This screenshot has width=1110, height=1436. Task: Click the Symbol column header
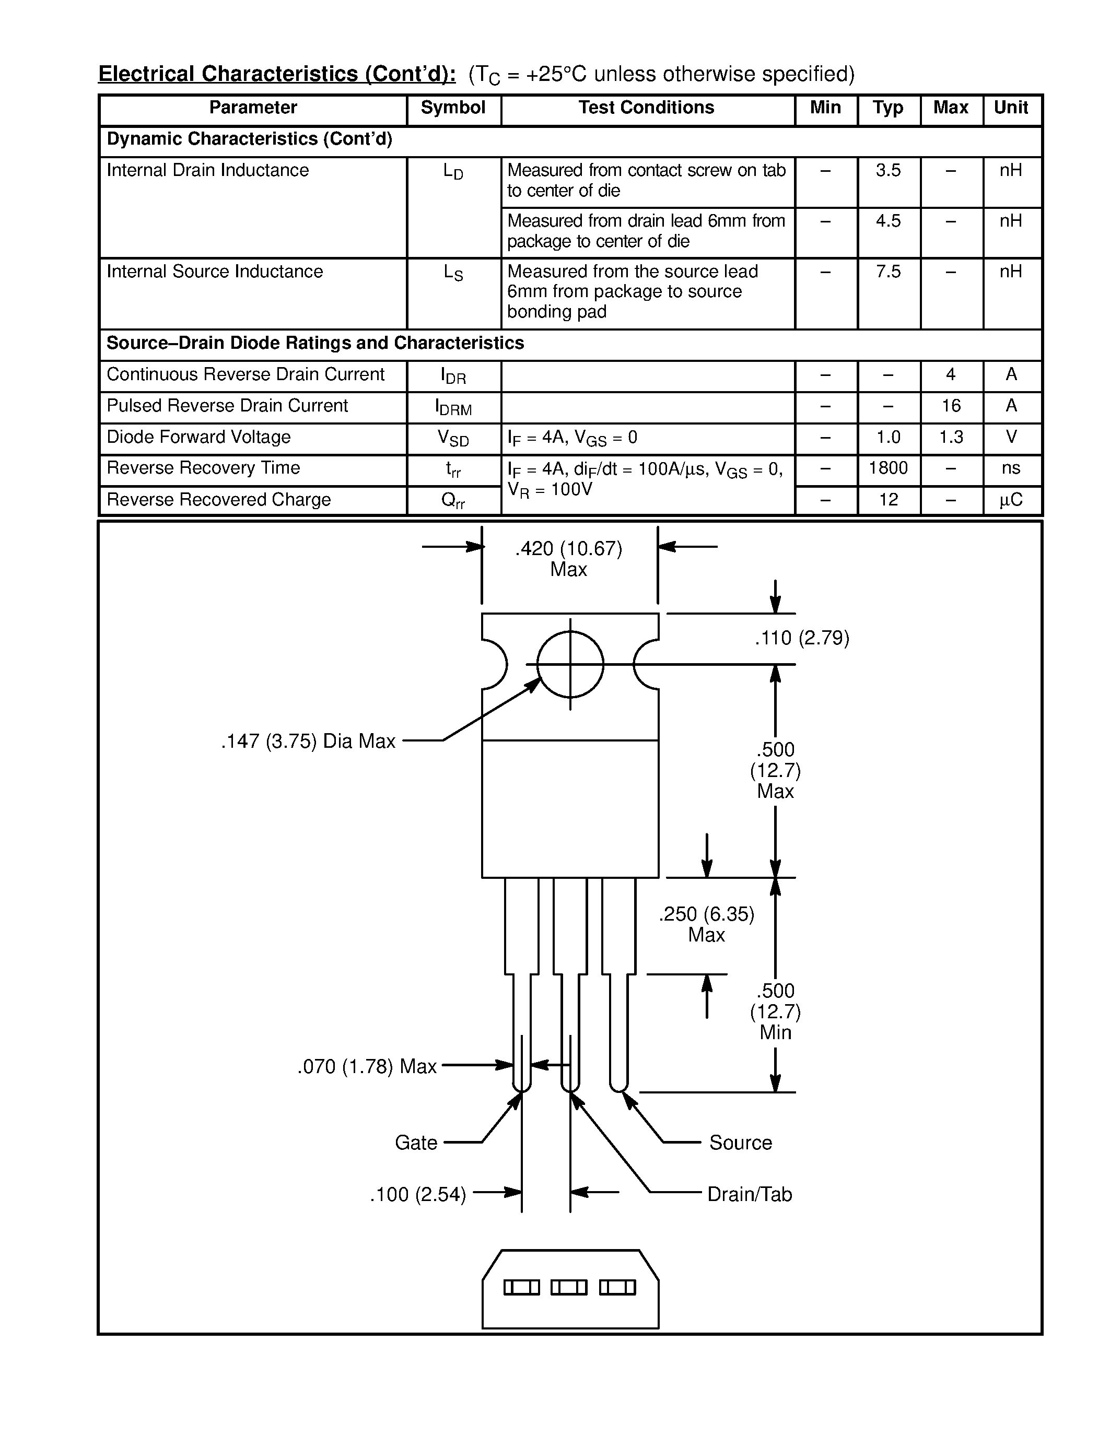point(453,108)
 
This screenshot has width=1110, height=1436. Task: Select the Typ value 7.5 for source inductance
point(887,272)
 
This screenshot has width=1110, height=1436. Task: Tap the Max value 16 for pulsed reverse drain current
point(951,406)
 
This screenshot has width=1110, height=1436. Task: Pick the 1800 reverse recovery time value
point(887,468)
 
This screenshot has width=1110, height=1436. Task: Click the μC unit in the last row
point(1011,500)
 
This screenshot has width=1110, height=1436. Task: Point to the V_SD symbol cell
point(453,438)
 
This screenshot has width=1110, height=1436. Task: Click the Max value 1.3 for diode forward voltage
point(951,437)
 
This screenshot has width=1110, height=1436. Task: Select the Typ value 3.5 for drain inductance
point(887,170)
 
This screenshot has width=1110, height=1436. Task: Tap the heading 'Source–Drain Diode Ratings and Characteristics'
point(315,343)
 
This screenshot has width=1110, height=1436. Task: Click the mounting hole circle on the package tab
point(570,664)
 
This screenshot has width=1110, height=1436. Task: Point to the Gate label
point(416,1143)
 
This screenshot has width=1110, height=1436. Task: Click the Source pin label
point(740,1143)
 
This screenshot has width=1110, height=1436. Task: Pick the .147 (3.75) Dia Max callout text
point(308,741)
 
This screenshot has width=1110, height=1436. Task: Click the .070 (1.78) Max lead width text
point(367,1066)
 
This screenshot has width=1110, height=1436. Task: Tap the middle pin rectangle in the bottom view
point(569,1287)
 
